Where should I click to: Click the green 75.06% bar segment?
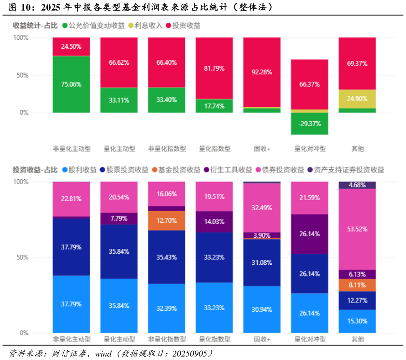coord(71,84)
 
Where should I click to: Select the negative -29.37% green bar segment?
coord(309,124)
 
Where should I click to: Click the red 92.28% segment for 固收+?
coord(261,72)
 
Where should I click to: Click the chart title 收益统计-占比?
coord(35,26)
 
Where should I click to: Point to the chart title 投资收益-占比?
coord(35,170)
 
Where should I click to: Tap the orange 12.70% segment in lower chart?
coord(166,221)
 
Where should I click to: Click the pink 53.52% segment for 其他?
coord(357,229)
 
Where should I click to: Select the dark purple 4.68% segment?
coord(357,185)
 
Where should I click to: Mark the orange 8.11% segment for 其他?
coord(357,285)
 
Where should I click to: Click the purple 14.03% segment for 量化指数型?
coord(214,222)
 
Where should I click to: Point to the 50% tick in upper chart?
coord(22,75)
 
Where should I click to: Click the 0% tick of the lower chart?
coord(24,333)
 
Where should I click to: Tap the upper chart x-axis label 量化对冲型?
coord(309,149)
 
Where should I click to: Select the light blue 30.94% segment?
coord(261,309)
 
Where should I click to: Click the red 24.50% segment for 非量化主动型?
coord(71,46)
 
